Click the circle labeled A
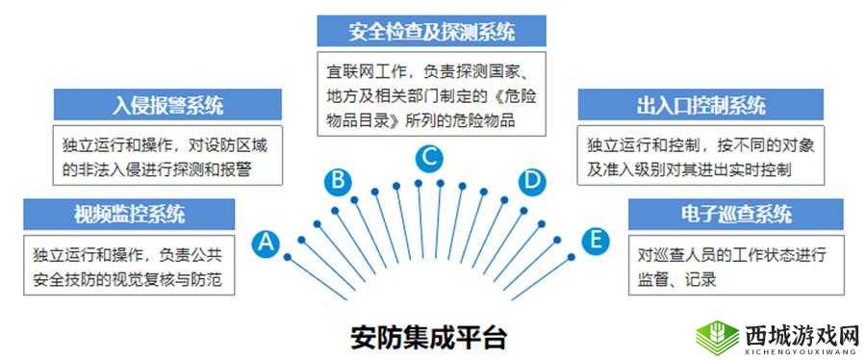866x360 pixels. pos(267,244)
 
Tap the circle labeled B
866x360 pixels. pos(336,179)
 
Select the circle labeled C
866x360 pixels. pos(430,155)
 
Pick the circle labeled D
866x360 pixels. pos(531,179)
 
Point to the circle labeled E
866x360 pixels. pos(597,240)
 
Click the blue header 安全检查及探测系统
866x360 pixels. pos(431,31)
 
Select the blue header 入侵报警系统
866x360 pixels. pos(167,104)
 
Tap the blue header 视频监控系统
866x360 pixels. pos(130,213)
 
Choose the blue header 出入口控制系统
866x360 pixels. pos(700,104)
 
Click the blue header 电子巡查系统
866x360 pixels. pos(735,214)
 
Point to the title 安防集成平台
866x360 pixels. pos(427,337)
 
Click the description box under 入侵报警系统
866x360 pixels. pos(167,154)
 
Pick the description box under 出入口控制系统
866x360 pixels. pos(700,154)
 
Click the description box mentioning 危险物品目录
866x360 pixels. pos(431,92)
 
